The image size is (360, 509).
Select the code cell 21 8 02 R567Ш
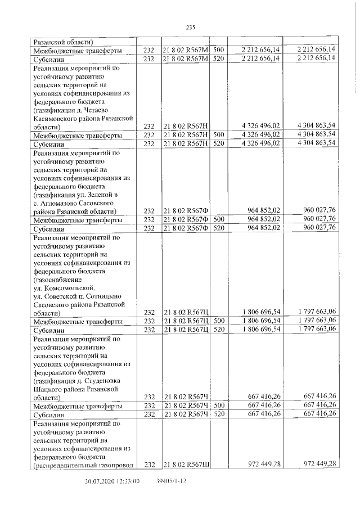(185, 465)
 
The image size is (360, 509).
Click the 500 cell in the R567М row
(219, 50)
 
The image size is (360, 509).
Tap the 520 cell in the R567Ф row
(219, 228)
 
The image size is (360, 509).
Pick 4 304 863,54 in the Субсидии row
(312, 143)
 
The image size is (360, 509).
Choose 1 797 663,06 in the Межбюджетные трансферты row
(312, 321)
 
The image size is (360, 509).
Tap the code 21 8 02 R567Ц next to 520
(185, 330)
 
